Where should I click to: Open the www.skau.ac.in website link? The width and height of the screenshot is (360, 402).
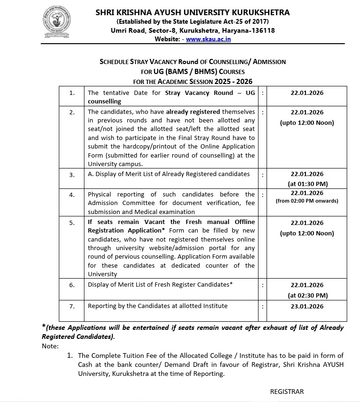(x=208, y=39)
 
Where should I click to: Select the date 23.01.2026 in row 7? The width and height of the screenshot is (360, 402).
(x=307, y=306)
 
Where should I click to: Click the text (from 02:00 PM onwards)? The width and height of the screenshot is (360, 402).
(x=307, y=201)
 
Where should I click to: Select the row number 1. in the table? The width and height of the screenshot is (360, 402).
(x=72, y=93)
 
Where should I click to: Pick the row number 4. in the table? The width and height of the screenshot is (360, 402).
(x=72, y=195)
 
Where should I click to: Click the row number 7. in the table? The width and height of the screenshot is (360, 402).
(x=72, y=307)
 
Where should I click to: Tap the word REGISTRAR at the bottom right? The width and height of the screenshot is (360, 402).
(x=286, y=392)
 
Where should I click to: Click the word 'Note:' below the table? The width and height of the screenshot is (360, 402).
(x=50, y=346)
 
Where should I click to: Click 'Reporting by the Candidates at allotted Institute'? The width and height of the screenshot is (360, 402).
(x=157, y=306)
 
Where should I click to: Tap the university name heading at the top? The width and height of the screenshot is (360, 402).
(x=193, y=12)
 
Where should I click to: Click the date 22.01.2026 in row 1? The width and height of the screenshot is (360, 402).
(x=307, y=93)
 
